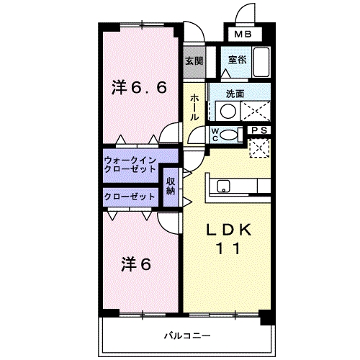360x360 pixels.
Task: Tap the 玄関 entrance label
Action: (x=192, y=61)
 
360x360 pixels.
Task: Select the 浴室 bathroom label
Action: (x=236, y=61)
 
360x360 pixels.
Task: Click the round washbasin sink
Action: (x=228, y=112)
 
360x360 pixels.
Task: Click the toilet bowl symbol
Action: (x=230, y=133)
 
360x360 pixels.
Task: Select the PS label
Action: (x=259, y=130)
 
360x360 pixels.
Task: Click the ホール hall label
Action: (x=194, y=106)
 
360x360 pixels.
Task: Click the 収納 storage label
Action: (x=171, y=186)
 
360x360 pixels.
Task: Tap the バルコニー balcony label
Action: (x=186, y=336)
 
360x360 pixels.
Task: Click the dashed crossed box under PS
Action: (x=258, y=146)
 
